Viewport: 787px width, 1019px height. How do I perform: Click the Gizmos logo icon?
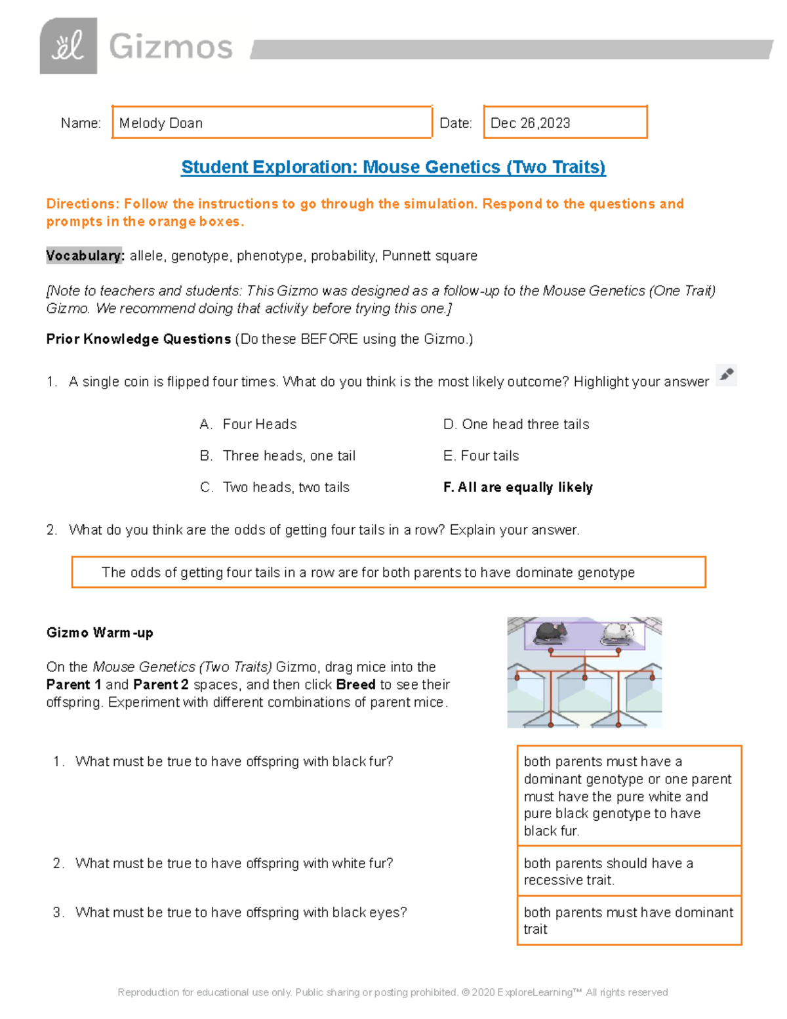pos(68,46)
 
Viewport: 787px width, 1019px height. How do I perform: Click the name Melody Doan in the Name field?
pos(161,123)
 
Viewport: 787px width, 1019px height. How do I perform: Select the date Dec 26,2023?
pos(530,123)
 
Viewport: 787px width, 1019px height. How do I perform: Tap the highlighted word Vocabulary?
pos(85,256)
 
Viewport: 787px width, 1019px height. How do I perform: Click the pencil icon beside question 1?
pos(726,375)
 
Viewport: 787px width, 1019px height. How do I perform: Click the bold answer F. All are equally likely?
pos(518,488)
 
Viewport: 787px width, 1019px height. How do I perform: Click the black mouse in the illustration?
pos(550,633)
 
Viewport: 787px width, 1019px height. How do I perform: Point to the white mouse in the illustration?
pos(618,633)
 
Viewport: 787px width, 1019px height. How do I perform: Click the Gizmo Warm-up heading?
pos(100,633)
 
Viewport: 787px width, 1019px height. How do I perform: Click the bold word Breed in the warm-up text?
pos(355,684)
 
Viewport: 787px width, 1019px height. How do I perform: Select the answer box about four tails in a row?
pos(388,572)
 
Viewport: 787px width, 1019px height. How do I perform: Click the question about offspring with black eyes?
pos(241,913)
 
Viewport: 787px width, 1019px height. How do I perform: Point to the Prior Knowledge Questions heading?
pos(138,339)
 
